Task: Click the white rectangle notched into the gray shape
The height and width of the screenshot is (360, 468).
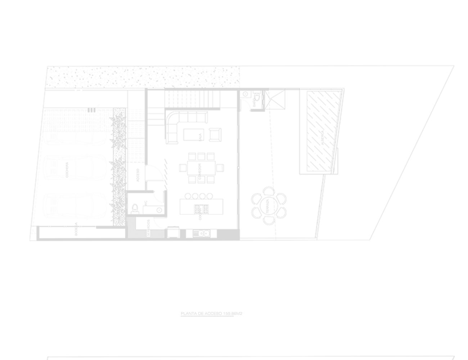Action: (412, 32)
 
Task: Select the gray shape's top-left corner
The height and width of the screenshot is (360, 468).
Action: (0, 0)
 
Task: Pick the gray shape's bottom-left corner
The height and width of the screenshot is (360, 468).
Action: (0, 359)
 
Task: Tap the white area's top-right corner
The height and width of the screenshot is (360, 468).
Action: (467, 0)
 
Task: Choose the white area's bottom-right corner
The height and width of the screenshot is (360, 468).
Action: (467, 359)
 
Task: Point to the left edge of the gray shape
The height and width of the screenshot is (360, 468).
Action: (0, 180)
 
